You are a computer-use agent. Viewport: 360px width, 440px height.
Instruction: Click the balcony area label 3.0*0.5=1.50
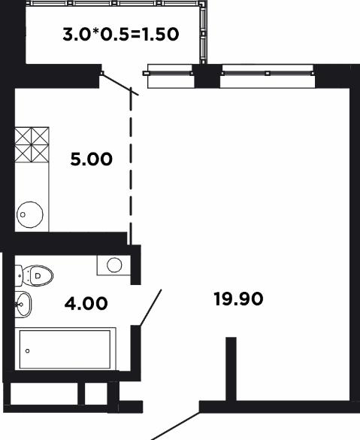[121, 35]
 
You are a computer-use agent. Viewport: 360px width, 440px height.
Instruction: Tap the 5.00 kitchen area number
[92, 159]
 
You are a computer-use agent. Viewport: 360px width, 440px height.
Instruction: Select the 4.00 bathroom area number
[86, 303]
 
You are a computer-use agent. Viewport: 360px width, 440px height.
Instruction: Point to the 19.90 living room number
[238, 299]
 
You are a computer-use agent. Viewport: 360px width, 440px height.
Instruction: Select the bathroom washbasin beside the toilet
[23, 305]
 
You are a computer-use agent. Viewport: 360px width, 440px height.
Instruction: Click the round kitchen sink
[30, 214]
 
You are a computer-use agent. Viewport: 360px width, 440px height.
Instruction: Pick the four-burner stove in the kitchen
[32, 145]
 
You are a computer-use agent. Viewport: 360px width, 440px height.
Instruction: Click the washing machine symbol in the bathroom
[113, 266]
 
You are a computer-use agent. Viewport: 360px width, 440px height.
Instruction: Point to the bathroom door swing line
[150, 308]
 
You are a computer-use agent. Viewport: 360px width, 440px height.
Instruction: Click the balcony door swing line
[119, 84]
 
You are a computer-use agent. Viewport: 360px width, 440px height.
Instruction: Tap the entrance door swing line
[176, 426]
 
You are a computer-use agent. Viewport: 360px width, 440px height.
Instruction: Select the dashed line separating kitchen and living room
[131, 165]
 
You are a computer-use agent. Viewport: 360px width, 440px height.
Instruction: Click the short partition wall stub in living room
[231, 369]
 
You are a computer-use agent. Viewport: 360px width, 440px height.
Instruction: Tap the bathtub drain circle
[28, 350]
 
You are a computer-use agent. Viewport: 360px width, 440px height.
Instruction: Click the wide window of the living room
[268, 76]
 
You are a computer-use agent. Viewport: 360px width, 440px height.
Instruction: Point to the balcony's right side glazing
[203, 32]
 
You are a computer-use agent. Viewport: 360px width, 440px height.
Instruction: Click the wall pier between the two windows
[207, 76]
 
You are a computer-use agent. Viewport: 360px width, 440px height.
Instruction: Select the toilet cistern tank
[19, 276]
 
